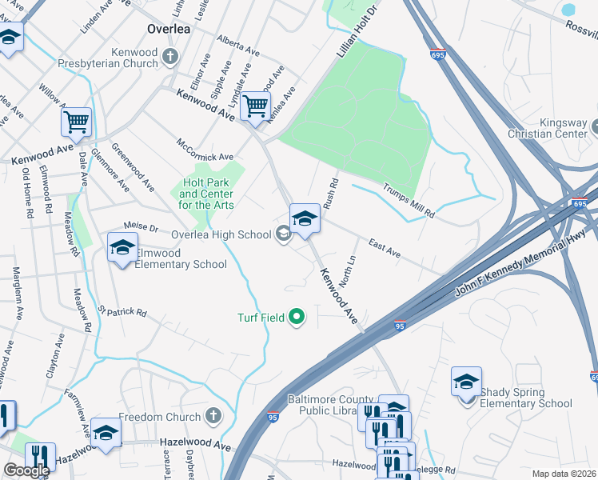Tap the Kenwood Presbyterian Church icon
click(x=169, y=55)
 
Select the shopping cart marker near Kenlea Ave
click(x=255, y=106)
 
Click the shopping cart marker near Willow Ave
click(x=76, y=122)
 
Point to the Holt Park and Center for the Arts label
click(x=206, y=194)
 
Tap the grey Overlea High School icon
click(x=282, y=234)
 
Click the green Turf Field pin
click(x=297, y=318)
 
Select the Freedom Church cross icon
click(x=212, y=417)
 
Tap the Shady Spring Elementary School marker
click(x=466, y=382)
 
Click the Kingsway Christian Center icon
click(x=594, y=126)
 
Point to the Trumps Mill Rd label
click(x=408, y=201)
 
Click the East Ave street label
click(x=384, y=246)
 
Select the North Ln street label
click(x=347, y=273)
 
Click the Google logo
click(x=26, y=470)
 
